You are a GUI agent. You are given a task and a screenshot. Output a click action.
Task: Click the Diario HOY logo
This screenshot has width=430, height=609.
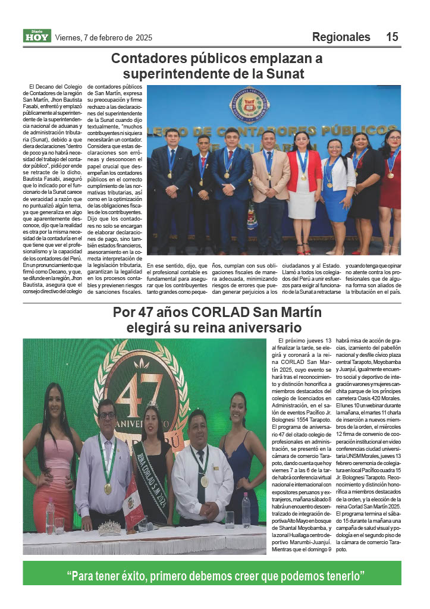pyautogui.click(x=37, y=36)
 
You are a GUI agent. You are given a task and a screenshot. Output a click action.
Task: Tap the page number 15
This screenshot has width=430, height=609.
pyautogui.click(x=392, y=37)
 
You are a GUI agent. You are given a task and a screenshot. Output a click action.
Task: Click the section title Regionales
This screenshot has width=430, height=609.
pyautogui.click(x=341, y=37)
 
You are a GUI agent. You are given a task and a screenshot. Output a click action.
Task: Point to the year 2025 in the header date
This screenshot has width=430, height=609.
pyautogui.click(x=144, y=37)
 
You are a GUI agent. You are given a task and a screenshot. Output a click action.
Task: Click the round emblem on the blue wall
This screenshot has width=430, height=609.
pyautogui.click(x=250, y=103)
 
